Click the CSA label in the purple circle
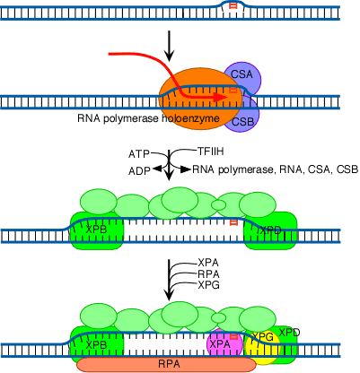click(241, 74)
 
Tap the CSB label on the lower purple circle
click(242, 122)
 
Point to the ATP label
click(139, 154)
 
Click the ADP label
click(139, 171)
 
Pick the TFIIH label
click(210, 152)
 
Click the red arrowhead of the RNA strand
click(221, 98)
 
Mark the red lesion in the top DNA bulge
click(233, 6)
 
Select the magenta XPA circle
click(224, 343)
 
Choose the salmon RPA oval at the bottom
click(166, 364)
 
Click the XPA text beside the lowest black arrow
click(208, 263)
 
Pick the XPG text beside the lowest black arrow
click(209, 285)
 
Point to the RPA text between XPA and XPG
click(208, 273)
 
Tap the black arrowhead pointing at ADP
click(157, 169)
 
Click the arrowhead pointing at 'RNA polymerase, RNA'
click(186, 169)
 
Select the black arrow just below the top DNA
click(170, 46)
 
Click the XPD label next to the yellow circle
click(289, 332)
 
